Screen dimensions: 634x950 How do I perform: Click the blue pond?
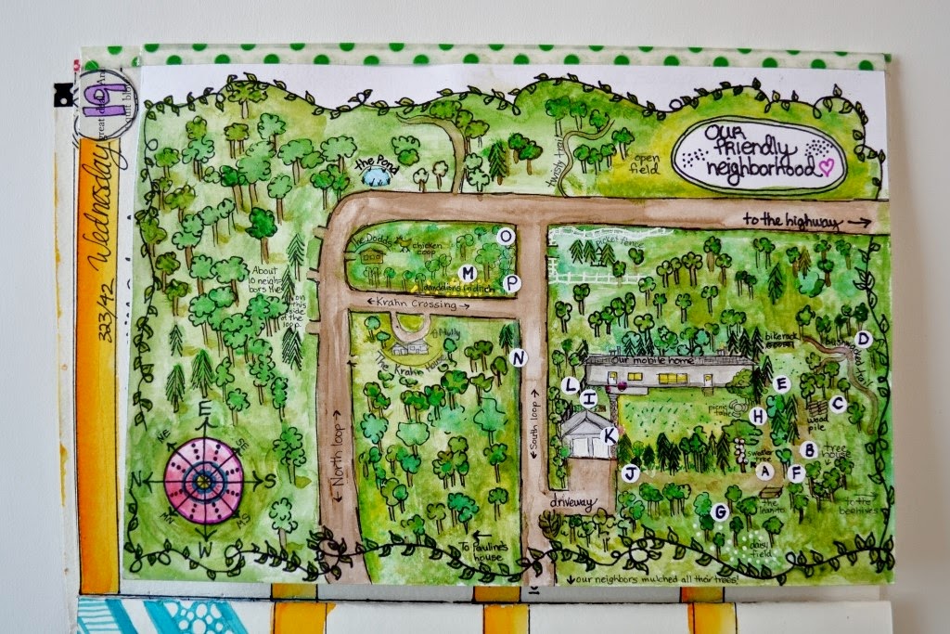[x=376, y=175]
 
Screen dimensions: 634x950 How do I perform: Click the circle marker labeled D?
[x=863, y=339]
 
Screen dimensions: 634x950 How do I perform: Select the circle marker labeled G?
[x=718, y=511]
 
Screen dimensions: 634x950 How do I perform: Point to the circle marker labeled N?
[x=519, y=358]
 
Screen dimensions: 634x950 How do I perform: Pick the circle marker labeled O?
[x=506, y=237]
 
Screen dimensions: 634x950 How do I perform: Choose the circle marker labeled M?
[x=469, y=273]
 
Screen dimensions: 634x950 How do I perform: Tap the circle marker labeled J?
[x=630, y=472]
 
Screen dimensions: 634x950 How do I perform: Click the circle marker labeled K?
[x=610, y=434]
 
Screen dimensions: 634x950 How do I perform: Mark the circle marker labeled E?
[x=781, y=382]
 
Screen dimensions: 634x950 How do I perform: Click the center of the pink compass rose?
[x=204, y=479]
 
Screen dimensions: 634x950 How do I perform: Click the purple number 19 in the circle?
[x=94, y=96]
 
